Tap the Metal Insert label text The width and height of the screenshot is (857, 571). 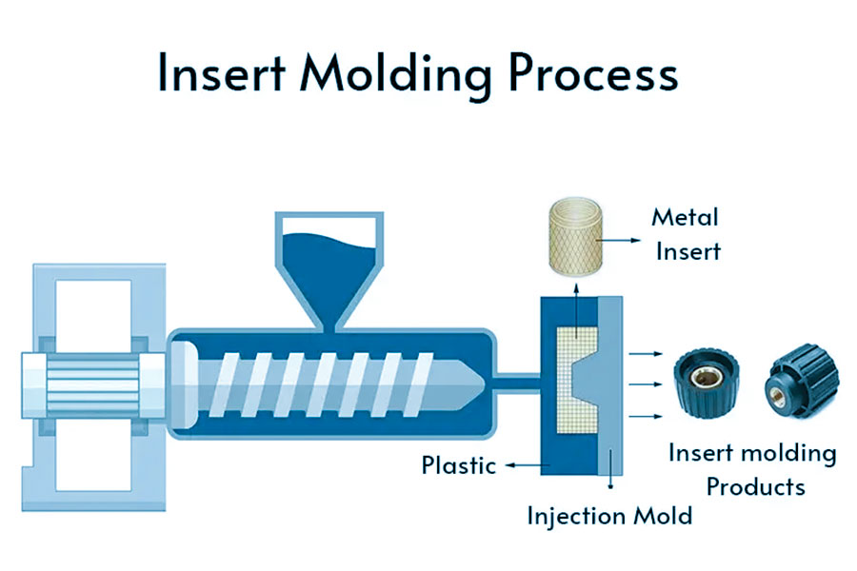click(685, 234)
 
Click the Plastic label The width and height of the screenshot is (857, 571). click(460, 466)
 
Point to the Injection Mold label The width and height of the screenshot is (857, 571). click(609, 517)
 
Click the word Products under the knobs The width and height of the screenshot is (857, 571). click(755, 486)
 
